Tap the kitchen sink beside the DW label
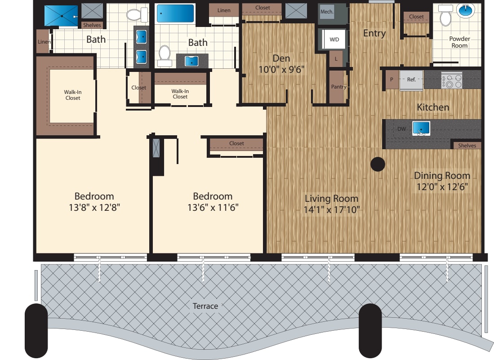pos(421,129)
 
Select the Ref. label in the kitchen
pos(411,80)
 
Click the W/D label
pos(334,40)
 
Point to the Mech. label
pos(327,12)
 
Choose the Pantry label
pos(338,87)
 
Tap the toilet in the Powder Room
pos(445,16)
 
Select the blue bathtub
pos(175,13)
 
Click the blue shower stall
pos(61,15)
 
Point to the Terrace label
pos(205,306)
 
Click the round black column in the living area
pos(378,164)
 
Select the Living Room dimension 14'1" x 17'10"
pos(332,209)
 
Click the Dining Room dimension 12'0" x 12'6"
pos(442,187)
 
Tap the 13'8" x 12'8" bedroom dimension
pos(94,207)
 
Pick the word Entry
pos(374,33)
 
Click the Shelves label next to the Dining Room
pos(467,145)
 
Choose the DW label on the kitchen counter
pos(401,129)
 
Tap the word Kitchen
pos(433,107)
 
